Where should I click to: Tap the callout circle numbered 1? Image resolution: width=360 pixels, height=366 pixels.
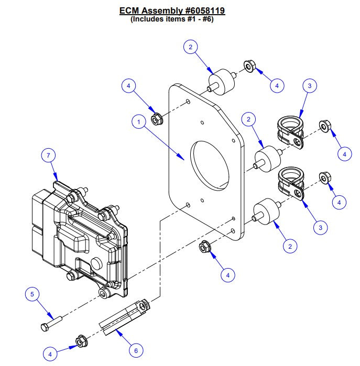(x=139, y=123)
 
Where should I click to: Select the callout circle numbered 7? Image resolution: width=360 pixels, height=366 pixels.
(x=48, y=156)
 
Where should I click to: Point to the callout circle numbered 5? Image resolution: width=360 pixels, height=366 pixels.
(x=32, y=295)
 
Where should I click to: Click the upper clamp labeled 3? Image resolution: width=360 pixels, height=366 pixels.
(x=290, y=132)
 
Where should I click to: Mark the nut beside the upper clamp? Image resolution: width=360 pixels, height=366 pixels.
(x=324, y=127)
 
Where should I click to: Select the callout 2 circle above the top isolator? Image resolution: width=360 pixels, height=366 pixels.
(x=191, y=47)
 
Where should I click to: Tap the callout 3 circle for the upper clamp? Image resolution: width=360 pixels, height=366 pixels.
(x=309, y=85)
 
